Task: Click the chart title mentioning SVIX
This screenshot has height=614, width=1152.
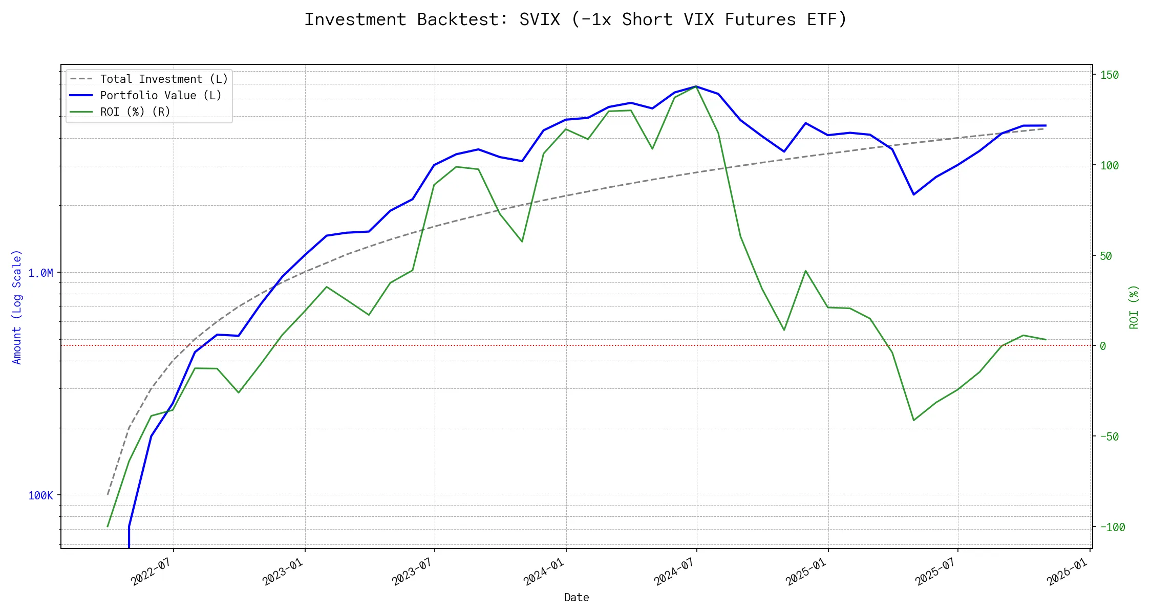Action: tap(575, 19)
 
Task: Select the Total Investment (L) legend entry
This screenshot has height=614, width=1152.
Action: tap(164, 79)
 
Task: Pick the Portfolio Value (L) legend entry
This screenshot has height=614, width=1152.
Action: tap(161, 96)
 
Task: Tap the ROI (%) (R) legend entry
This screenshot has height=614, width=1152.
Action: tap(135, 112)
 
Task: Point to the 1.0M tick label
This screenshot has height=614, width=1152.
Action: tap(41, 273)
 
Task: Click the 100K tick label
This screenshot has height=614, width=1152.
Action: tap(41, 496)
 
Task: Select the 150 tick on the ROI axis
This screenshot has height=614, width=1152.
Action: tap(1110, 75)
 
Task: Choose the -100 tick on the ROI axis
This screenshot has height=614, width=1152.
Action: tap(1112, 528)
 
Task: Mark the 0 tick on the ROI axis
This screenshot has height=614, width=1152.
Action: tap(1103, 346)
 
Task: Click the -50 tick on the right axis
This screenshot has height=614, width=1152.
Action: tap(1110, 437)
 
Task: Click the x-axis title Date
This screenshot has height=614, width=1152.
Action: tap(577, 598)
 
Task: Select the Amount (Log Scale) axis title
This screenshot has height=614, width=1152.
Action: tap(17, 307)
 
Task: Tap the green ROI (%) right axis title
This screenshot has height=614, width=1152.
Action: tap(1134, 307)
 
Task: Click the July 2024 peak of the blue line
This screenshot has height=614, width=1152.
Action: tap(696, 86)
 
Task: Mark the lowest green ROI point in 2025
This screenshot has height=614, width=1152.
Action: tap(914, 421)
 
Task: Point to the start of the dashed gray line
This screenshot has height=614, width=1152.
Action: tap(108, 495)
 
